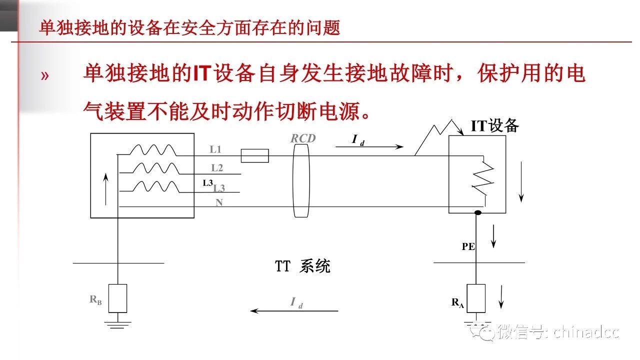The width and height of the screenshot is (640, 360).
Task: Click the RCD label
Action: coord(303,138)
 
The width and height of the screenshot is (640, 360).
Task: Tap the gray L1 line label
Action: coord(215,149)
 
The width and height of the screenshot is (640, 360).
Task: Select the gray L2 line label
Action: coord(217,168)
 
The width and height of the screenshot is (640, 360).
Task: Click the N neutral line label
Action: coord(219,202)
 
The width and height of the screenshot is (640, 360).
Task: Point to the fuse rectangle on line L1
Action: coord(254,156)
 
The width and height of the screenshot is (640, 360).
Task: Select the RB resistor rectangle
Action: coord(117,298)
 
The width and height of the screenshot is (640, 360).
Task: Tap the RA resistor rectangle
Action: coord(476,298)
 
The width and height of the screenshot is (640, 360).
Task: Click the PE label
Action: coord(468,246)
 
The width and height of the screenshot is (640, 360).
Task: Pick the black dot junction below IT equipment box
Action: coord(477,213)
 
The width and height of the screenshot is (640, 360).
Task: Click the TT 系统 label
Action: coord(302,266)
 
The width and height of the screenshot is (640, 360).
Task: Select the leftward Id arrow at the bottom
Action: coord(294,310)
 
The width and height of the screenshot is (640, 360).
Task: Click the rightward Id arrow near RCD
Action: coord(369,146)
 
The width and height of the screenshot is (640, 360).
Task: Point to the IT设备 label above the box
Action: coord(495,126)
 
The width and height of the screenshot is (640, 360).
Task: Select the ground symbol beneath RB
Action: coord(117,323)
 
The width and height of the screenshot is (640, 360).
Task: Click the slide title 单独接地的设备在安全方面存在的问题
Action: coord(189,28)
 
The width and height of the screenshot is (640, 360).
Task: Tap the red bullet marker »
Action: coord(45,76)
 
